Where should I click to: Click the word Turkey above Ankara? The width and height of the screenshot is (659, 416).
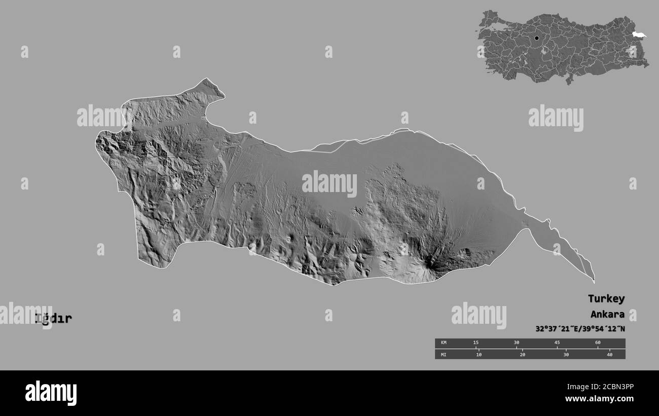click(606, 298)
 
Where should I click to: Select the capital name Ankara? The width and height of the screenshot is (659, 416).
click(607, 314)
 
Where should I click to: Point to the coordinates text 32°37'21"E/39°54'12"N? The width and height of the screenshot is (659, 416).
click(580, 329)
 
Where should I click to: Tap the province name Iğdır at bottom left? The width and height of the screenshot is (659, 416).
click(53, 318)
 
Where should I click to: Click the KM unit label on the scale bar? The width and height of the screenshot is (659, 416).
click(444, 343)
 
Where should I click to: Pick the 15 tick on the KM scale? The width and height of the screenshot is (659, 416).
click(475, 343)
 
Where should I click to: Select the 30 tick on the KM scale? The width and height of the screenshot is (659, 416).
click(516, 343)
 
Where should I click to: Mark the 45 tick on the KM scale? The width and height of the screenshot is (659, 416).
click(557, 343)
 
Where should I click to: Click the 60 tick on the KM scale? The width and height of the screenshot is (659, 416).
click(598, 343)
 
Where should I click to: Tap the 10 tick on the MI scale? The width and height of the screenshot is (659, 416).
click(479, 354)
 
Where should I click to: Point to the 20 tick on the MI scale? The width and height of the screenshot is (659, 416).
click(522, 354)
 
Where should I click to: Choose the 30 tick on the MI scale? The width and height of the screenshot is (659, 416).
click(566, 354)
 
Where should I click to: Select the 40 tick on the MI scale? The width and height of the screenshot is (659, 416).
click(609, 354)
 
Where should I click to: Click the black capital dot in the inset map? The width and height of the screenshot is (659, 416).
click(536, 38)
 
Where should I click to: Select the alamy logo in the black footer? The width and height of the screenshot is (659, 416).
click(51, 393)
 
